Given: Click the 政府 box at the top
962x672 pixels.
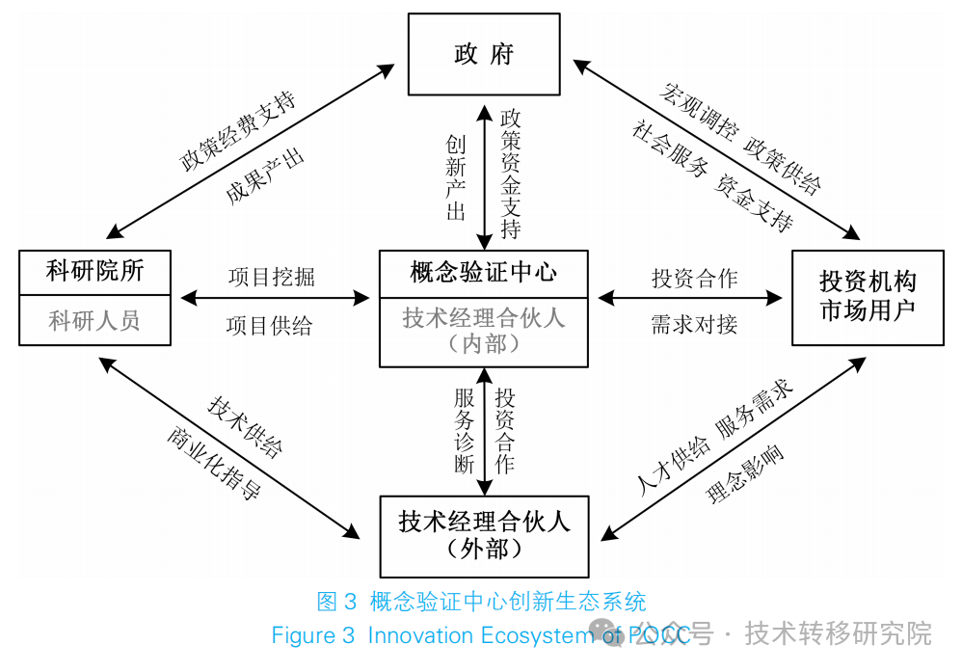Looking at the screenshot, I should [483, 54].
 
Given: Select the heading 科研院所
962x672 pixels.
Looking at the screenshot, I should [95, 272].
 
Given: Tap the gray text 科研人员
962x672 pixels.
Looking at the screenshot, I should [95, 320].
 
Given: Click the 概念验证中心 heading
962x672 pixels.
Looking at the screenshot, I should [483, 272].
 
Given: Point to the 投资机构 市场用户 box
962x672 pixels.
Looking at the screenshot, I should [868, 296].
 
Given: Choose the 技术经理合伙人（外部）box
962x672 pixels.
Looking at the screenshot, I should [484, 536].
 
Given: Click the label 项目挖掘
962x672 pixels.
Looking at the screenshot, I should [271, 278].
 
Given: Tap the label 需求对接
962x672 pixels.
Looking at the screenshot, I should [694, 325].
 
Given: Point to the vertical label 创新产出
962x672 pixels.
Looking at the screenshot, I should [456, 178].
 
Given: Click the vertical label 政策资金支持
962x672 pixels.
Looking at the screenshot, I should [511, 175].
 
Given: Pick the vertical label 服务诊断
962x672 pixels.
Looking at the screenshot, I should [465, 430].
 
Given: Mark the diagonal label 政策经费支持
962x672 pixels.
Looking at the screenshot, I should [237, 132].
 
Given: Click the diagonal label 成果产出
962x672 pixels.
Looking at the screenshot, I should [265, 176].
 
